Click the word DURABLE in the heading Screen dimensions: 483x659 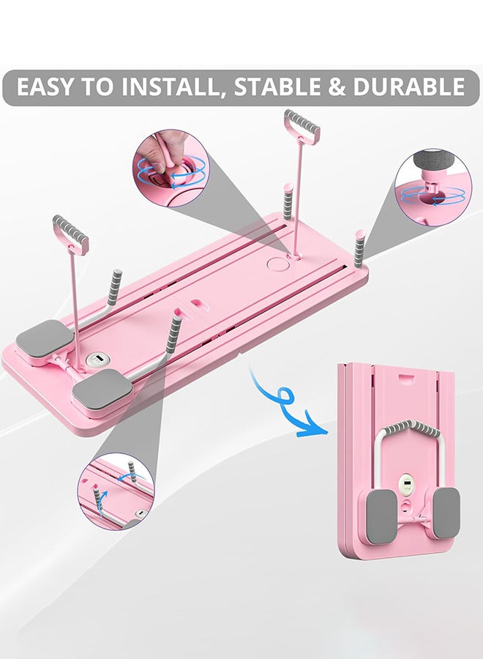tap(408, 86)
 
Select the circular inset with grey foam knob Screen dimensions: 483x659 tap(433, 186)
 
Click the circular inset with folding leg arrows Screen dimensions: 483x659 tap(116, 491)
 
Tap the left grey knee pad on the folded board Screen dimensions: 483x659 tap(381, 513)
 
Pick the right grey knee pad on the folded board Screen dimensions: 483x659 tap(446, 513)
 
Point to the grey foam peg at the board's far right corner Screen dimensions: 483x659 tap(359, 248)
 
